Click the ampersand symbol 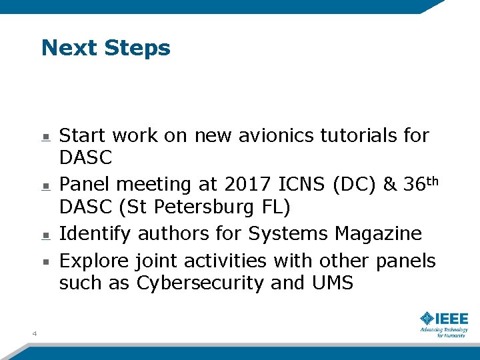391,185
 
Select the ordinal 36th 419,183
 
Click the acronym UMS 332,283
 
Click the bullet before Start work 45,137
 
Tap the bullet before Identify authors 45,235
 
